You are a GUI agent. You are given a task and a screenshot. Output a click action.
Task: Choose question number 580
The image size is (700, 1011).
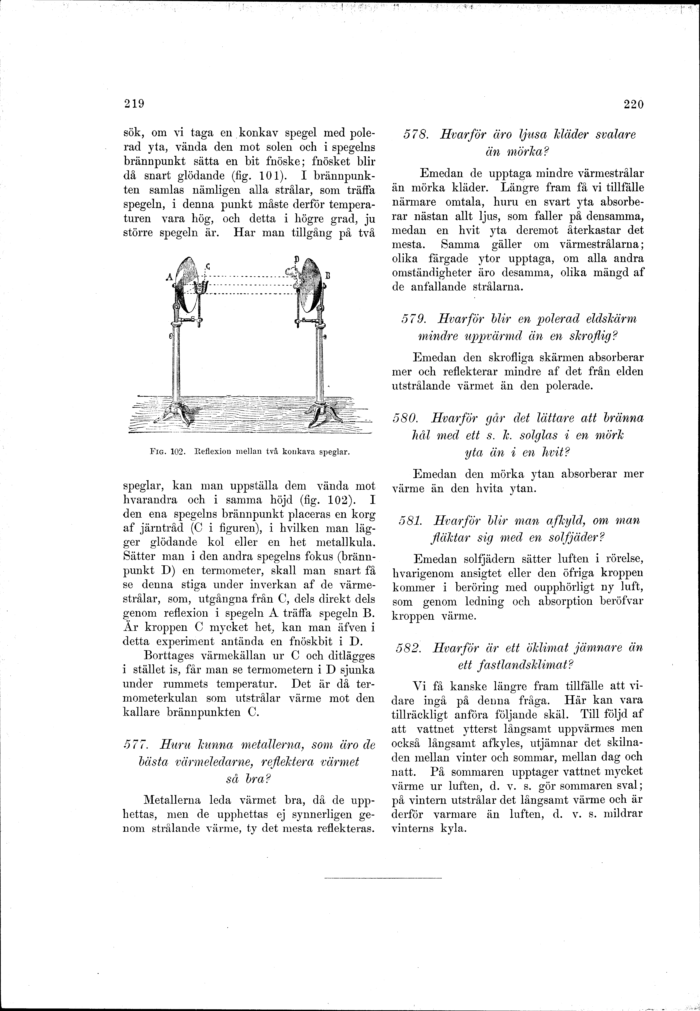pos(406,418)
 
